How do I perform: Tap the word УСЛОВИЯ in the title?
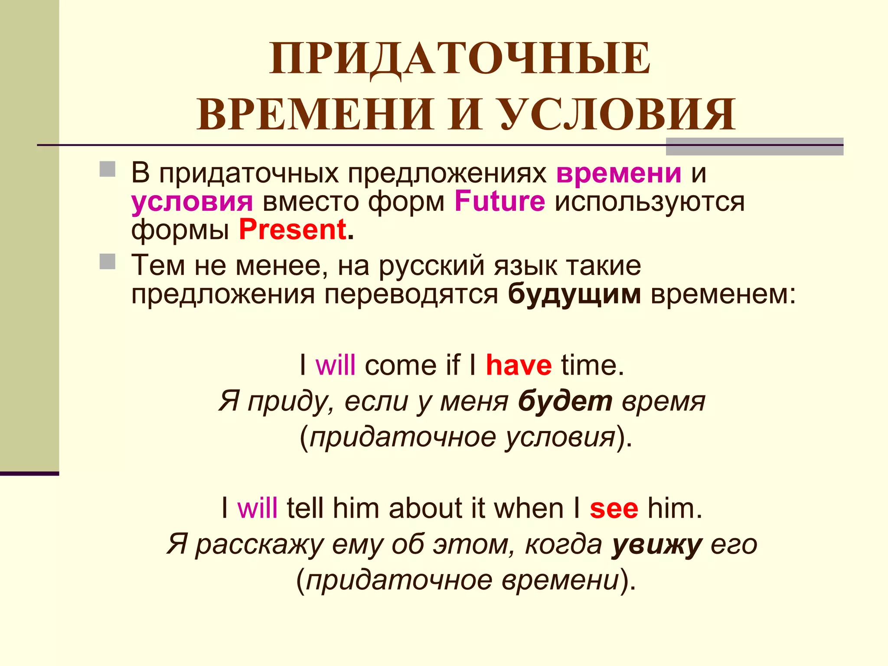(618, 114)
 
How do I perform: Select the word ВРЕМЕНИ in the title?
(316, 114)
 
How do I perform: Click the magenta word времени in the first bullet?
(619, 173)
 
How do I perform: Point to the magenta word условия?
(192, 202)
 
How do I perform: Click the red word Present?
(293, 229)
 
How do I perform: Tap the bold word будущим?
(574, 294)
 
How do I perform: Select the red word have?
(519, 365)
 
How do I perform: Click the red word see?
(614, 508)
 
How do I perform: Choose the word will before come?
(336, 365)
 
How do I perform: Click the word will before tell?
(257, 508)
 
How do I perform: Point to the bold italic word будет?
(565, 401)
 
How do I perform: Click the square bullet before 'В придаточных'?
(108, 169)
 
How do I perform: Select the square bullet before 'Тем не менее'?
(108, 261)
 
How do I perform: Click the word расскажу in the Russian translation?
(259, 545)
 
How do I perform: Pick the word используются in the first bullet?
(650, 202)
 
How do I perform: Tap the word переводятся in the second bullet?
(411, 295)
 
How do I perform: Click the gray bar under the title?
(754, 147)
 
